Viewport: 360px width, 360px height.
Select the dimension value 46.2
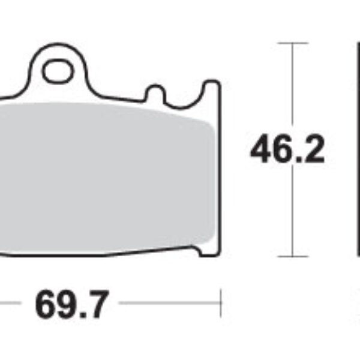287,150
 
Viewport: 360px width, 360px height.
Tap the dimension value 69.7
73,306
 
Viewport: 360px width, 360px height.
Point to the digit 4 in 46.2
262,150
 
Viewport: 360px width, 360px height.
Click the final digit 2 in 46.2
313,150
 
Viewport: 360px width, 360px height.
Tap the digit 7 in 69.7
98,306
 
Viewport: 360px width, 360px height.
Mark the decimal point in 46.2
298,161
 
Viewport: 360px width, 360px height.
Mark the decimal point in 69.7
83,317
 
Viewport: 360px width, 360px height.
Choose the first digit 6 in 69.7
47,306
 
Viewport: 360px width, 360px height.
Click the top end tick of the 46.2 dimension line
292,43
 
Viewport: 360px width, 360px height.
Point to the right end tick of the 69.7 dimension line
221,303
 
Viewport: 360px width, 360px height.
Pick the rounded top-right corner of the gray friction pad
208,122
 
